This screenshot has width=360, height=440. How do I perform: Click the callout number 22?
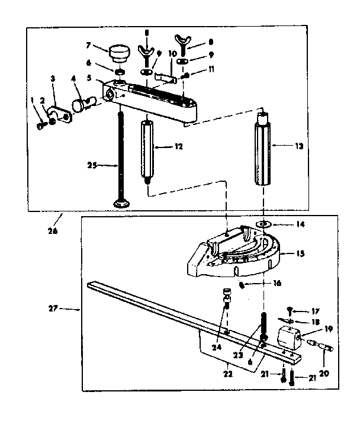pyautogui.click(x=228, y=374)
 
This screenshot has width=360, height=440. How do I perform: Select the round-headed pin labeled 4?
pyautogui.click(x=79, y=105)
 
